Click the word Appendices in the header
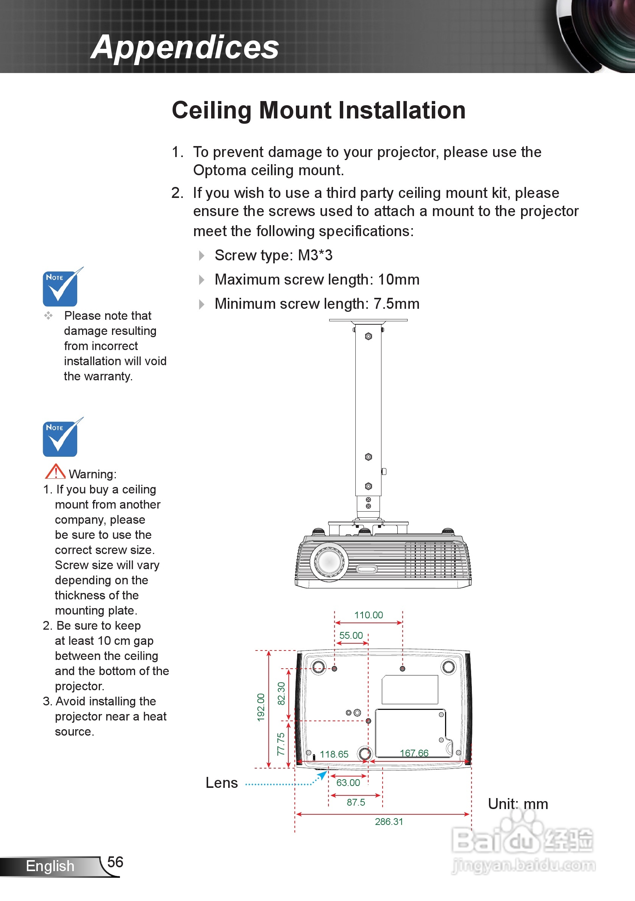(185, 47)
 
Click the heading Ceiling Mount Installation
(319, 110)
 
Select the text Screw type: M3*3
(274, 255)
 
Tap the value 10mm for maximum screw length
(398, 280)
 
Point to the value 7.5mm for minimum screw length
(396, 304)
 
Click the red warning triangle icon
(55, 472)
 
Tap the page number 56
(115, 862)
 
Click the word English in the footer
(50, 866)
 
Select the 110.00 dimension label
(368, 615)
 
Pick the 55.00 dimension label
(351, 635)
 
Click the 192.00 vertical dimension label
(261, 707)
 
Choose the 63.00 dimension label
(348, 783)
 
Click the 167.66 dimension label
(414, 753)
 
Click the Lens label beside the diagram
(222, 783)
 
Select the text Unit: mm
(518, 804)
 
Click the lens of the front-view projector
(329, 561)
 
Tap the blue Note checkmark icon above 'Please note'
(61, 288)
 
